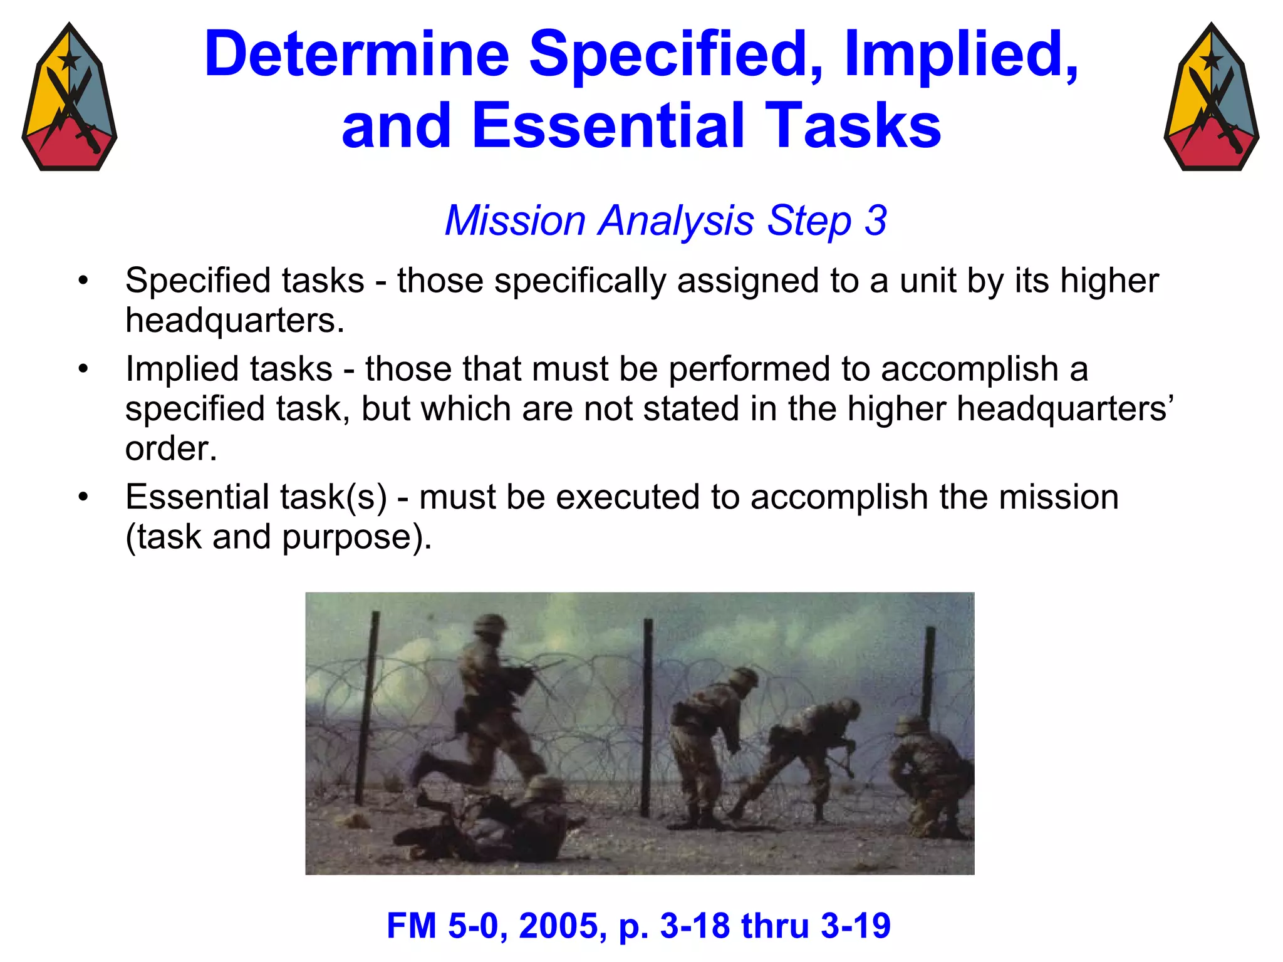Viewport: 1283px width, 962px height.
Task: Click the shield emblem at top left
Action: [69, 97]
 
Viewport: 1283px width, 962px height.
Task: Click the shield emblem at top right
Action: [1212, 97]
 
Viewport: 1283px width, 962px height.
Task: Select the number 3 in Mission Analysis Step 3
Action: [875, 221]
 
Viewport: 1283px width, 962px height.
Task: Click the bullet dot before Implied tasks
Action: [83, 370]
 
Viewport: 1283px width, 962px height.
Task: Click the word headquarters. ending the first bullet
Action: [235, 321]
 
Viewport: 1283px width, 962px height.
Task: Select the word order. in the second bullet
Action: [170, 449]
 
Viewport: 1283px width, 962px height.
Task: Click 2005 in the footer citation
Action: [562, 926]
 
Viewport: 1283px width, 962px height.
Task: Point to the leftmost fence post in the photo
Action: [368, 708]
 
